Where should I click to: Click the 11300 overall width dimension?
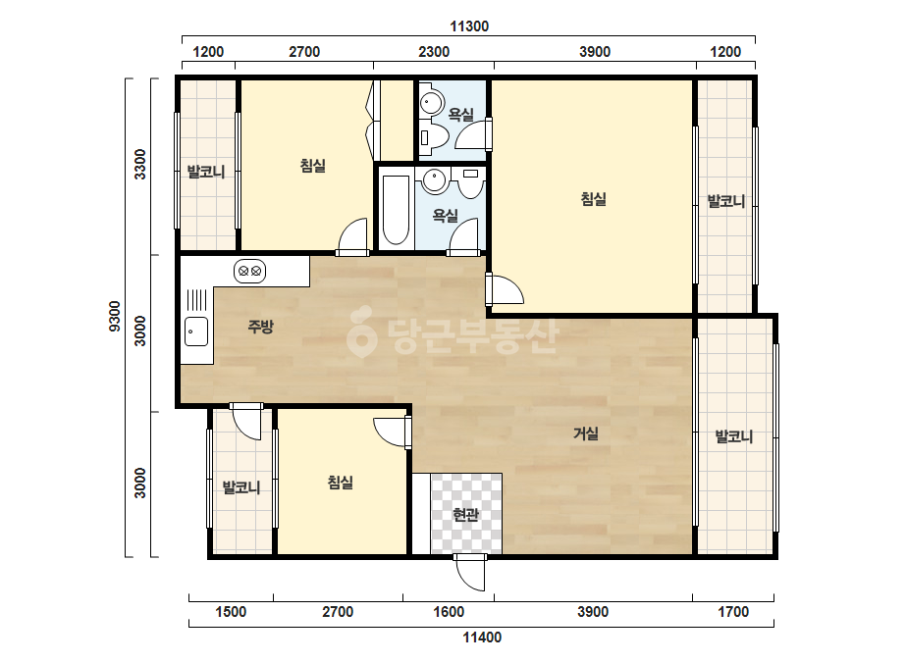[x=469, y=25]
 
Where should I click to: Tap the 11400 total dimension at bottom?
[x=482, y=637]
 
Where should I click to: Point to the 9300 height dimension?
[x=115, y=316]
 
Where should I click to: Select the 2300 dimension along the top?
[x=434, y=51]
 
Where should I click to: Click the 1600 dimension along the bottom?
[x=449, y=612]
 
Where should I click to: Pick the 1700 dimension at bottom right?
[x=733, y=612]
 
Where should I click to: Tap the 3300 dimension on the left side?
[x=140, y=165]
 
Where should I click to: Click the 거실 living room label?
[x=585, y=433]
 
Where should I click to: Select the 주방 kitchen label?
[x=260, y=327]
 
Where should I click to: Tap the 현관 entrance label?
[x=465, y=514]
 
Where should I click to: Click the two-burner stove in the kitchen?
[x=249, y=271]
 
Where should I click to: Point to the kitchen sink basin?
[x=196, y=331]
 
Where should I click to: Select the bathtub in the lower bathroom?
[x=396, y=210]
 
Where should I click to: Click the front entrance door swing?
[x=469, y=573]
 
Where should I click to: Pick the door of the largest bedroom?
[x=506, y=288]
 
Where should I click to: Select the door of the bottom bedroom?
[x=393, y=432]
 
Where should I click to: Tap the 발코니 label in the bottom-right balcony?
[x=734, y=436]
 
